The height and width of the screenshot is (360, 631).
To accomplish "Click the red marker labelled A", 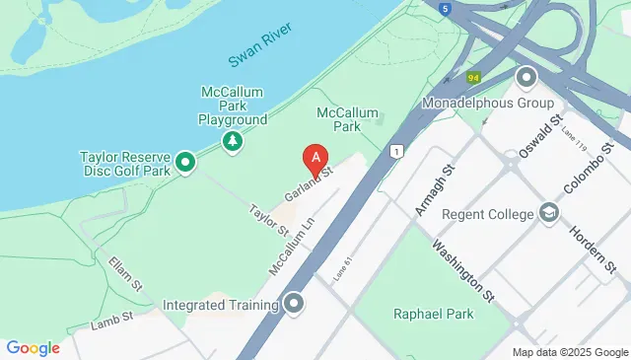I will click(315, 158).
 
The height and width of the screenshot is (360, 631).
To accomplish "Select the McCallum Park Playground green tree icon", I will click(232, 143).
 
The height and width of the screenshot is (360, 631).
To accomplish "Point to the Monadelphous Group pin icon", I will click(526, 77).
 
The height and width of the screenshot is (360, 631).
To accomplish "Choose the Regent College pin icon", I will click(548, 213).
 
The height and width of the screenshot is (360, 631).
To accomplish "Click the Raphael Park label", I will click(433, 315).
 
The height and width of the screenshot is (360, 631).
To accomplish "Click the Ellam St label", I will click(126, 272).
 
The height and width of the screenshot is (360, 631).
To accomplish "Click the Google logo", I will click(33, 347).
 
